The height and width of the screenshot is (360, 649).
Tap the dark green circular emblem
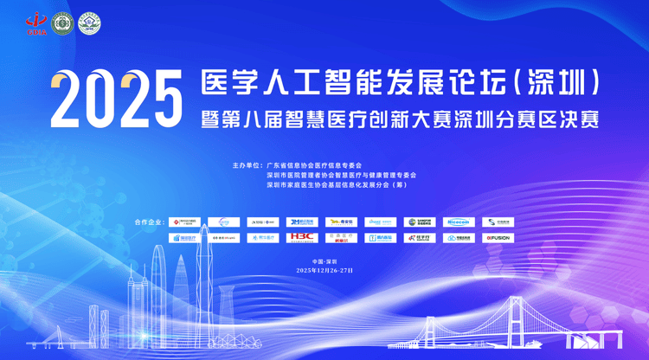(62, 23)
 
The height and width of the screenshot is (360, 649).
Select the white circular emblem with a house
(88, 23)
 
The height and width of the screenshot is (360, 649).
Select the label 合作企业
(149, 222)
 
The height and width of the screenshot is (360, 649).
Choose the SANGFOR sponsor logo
(420, 222)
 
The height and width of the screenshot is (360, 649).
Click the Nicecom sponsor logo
(459, 222)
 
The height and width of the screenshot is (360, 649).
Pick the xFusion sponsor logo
(498, 237)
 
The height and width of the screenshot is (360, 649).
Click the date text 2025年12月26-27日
(324, 270)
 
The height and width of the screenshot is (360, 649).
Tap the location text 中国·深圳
(324, 260)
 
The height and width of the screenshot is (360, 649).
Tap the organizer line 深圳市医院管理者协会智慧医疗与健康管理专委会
(341, 175)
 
